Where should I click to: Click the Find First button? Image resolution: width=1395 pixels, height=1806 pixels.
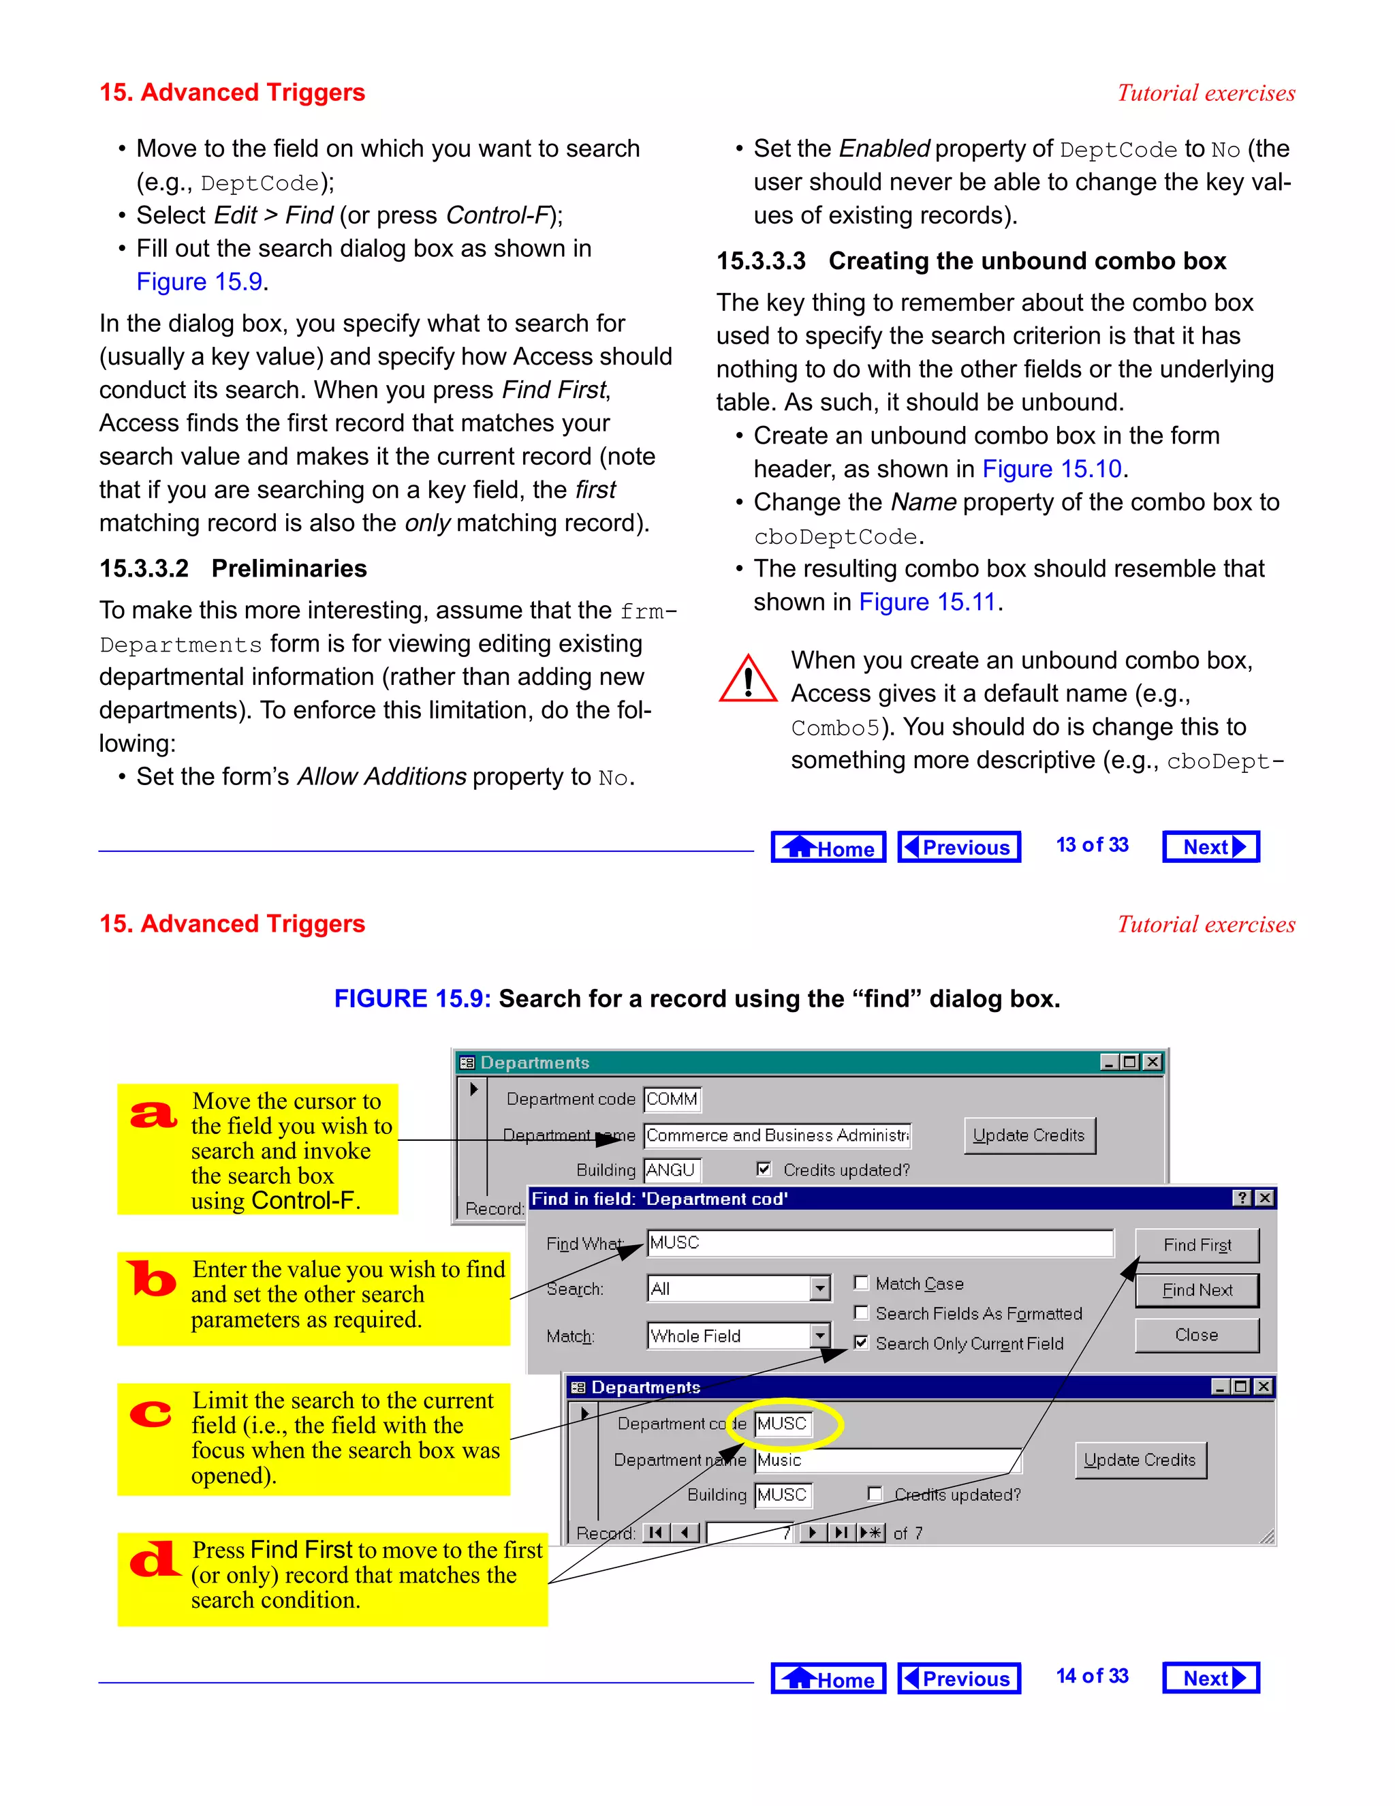point(1196,1244)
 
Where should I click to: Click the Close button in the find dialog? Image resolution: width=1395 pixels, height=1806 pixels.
point(1196,1334)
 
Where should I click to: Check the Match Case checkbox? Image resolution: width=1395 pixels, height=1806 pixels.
point(861,1283)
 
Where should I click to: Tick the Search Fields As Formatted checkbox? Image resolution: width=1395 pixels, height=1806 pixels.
point(861,1313)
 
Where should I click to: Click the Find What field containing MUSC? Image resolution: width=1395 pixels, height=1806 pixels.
point(879,1243)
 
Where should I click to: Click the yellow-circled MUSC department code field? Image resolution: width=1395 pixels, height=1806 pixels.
point(782,1423)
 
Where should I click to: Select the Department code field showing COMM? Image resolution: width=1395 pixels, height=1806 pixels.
point(672,1099)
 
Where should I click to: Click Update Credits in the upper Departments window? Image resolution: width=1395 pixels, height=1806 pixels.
point(1029,1135)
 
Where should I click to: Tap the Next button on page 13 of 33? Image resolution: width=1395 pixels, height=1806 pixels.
point(1210,846)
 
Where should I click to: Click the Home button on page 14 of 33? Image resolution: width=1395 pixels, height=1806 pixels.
point(828,1679)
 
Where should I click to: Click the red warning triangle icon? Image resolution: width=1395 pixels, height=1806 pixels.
point(748,679)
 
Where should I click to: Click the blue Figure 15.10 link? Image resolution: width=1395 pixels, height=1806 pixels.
point(1051,469)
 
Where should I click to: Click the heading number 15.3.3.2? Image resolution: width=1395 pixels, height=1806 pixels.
point(144,568)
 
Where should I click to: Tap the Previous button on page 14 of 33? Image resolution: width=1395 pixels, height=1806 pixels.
point(958,1679)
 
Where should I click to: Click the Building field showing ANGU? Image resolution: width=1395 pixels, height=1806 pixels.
point(671,1169)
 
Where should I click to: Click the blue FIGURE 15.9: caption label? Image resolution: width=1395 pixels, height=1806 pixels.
point(411,998)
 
